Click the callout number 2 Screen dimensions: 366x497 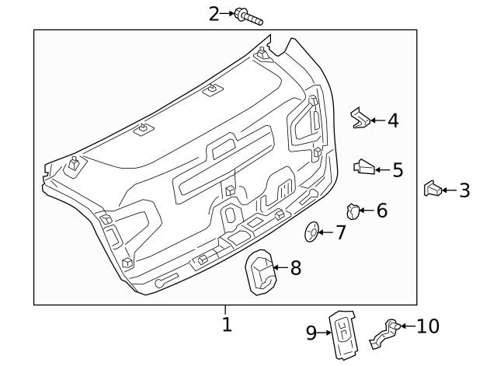click(214, 13)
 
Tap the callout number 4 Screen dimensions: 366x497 click(393, 120)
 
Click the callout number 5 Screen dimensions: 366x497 click(398, 169)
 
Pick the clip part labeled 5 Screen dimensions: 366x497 click(365, 166)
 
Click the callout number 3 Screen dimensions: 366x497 click(464, 190)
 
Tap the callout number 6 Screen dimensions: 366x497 click(381, 211)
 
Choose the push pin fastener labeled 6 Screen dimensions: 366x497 click(353, 210)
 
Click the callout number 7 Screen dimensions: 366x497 click(341, 232)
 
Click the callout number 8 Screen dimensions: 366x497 click(295, 269)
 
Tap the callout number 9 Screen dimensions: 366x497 click(311, 333)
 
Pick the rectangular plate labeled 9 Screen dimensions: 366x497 click(342, 335)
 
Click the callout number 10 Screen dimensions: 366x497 click(428, 326)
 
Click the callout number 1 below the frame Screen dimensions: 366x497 click(227, 324)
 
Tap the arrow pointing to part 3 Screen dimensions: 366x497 click(450, 190)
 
